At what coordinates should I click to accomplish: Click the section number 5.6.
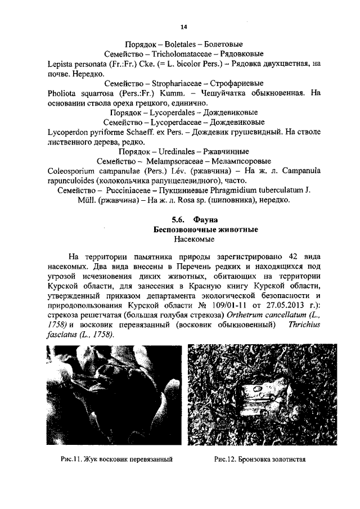tap(164, 220)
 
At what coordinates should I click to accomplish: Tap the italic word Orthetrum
tap(232, 314)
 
